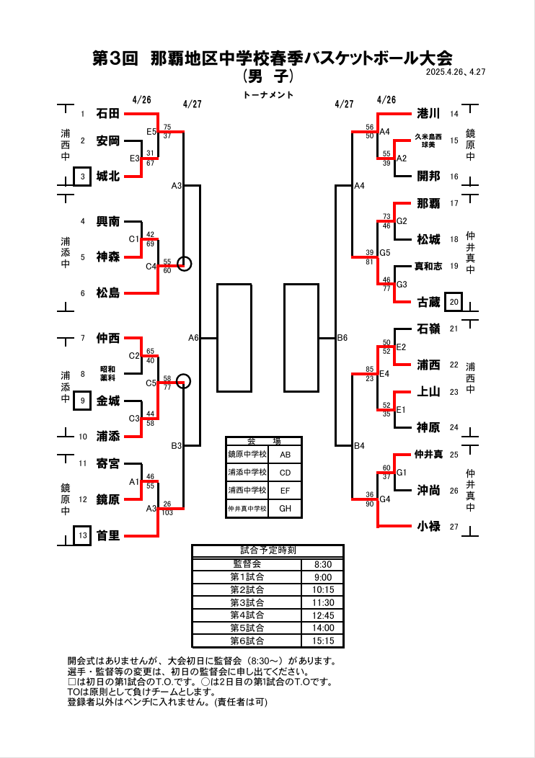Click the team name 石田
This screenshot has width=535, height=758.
107,114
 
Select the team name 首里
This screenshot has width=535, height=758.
107,536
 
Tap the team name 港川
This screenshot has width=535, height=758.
428,114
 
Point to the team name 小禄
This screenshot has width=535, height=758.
428,527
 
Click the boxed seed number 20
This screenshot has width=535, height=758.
454,302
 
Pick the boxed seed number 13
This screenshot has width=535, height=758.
83,535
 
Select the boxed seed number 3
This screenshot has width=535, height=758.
83,177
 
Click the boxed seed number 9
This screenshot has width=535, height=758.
83,401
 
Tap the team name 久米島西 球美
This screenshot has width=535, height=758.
428,141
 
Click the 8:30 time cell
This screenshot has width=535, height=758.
323,565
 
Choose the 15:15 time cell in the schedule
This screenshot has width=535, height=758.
323,641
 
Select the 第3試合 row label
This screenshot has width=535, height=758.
247,602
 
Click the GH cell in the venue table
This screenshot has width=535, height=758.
286,509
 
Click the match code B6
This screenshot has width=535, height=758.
342,337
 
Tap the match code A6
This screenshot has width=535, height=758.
193,337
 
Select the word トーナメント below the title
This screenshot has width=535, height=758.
267,95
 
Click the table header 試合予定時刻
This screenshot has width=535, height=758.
267,550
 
